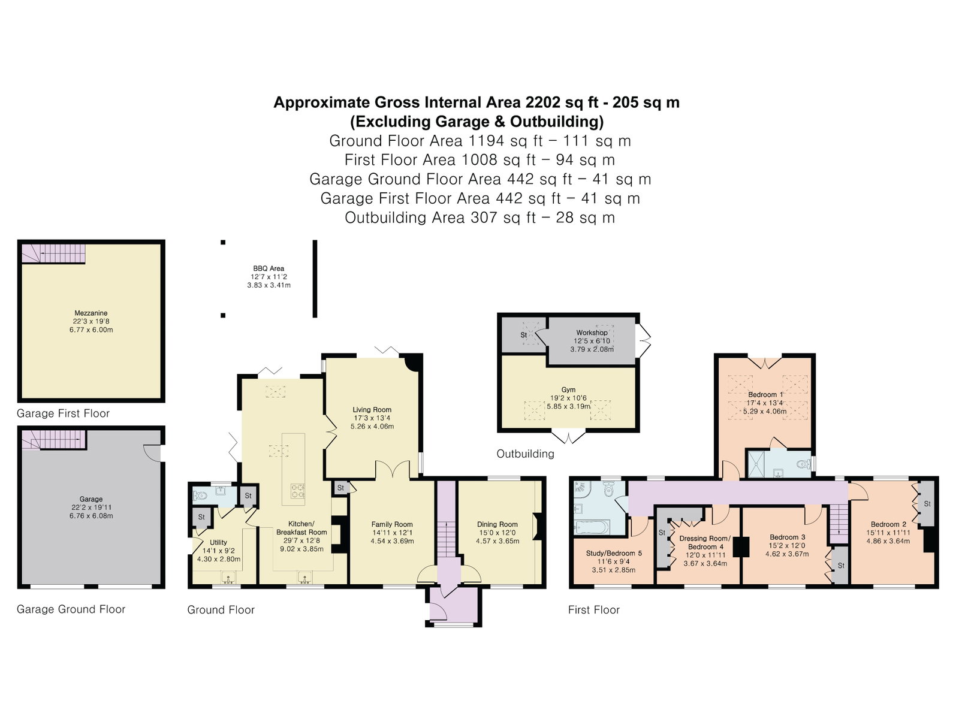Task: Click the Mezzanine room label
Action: tap(91, 313)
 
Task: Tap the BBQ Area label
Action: tap(269, 268)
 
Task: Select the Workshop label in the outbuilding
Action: tap(592, 333)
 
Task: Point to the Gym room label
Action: tap(568, 389)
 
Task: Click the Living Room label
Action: tap(372, 409)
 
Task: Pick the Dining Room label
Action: tap(497, 524)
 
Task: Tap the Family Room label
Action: tap(392, 524)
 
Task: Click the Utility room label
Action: tap(218, 542)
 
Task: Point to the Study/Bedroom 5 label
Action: tap(614, 553)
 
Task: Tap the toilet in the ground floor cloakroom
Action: tap(201, 496)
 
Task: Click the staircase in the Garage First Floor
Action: tap(53, 253)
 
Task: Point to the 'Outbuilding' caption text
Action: tap(525, 454)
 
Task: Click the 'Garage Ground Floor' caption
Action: tap(71, 609)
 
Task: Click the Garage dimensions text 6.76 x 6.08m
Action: tap(91, 515)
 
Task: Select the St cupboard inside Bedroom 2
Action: tap(927, 504)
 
